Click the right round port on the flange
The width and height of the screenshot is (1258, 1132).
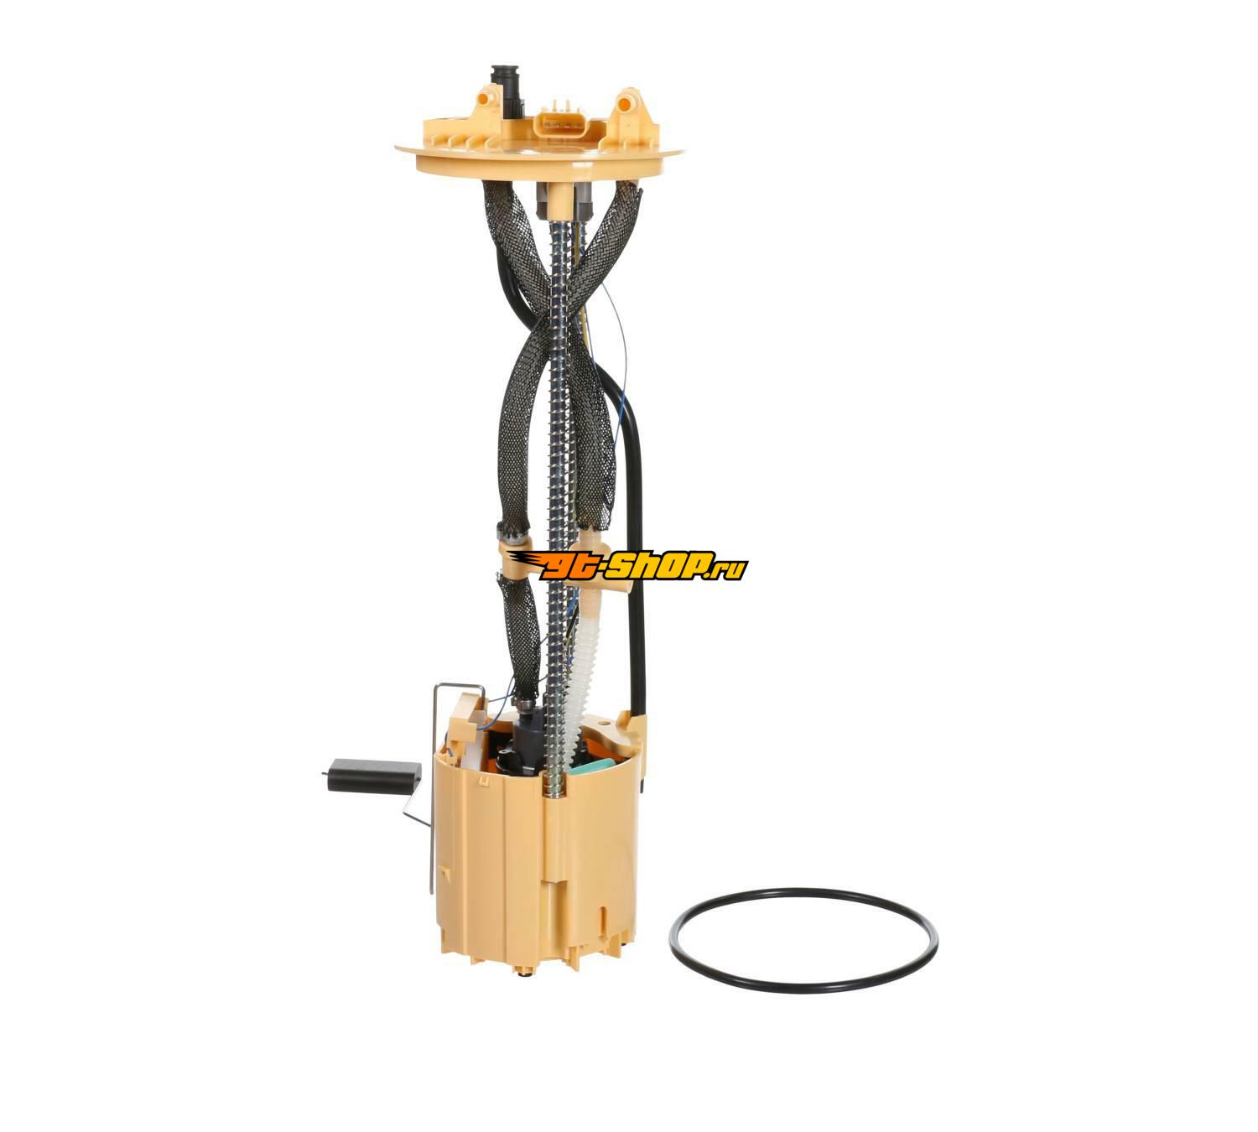pyautogui.click(x=629, y=104)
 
